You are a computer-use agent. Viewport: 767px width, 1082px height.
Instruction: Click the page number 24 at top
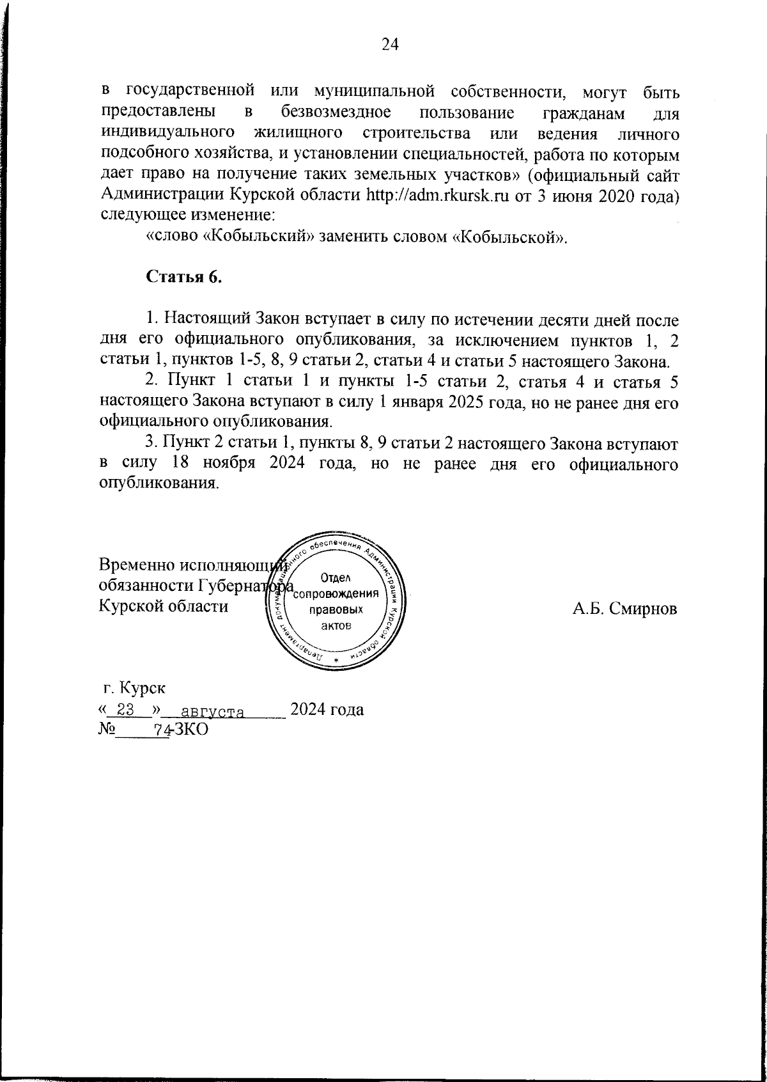pyautogui.click(x=390, y=44)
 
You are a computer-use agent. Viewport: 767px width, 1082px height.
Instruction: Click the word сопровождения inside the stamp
pyautogui.click(x=337, y=592)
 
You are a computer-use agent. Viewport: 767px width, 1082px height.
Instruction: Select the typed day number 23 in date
pyautogui.click(x=125, y=710)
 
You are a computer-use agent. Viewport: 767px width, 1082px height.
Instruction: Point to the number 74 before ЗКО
pyautogui.click(x=155, y=730)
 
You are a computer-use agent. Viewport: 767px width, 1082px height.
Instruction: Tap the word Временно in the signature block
pyautogui.click(x=136, y=565)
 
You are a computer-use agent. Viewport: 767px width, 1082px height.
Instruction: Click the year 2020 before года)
pyautogui.click(x=617, y=196)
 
